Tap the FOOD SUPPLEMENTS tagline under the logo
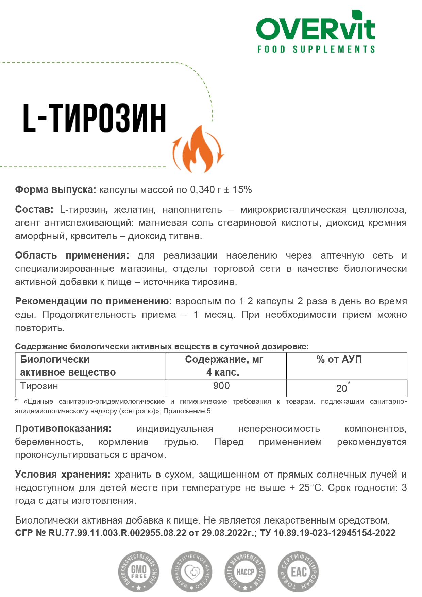coord(316,50)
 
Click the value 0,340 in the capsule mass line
coord(202,190)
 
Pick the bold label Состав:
coord(34,210)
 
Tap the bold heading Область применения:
coord(72,255)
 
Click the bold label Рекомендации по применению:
coord(94,301)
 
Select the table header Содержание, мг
coord(224,360)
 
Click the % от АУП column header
coord(339,360)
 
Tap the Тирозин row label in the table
coord(39,386)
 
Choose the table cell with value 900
coord(221,386)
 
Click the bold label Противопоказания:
coord(63,429)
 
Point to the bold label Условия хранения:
coord(63,475)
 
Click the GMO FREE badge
coord(139,571)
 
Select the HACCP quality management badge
coord(245,571)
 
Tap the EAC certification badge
coord(299,571)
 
